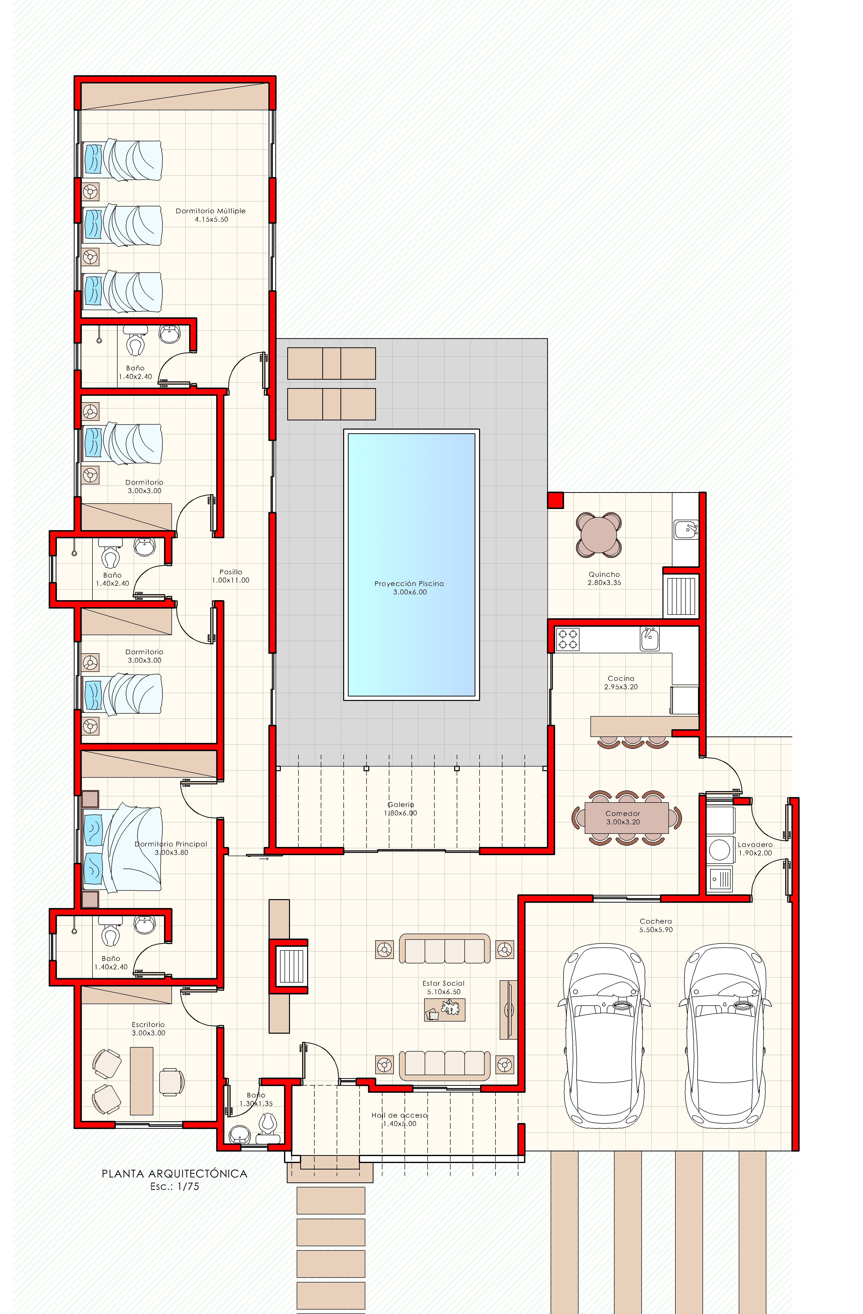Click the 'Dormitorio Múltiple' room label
[x=210, y=211]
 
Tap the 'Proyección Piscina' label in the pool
[x=409, y=584]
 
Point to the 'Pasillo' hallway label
[x=230, y=572]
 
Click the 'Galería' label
[x=401, y=804]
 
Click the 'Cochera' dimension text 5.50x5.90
[x=656, y=930]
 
